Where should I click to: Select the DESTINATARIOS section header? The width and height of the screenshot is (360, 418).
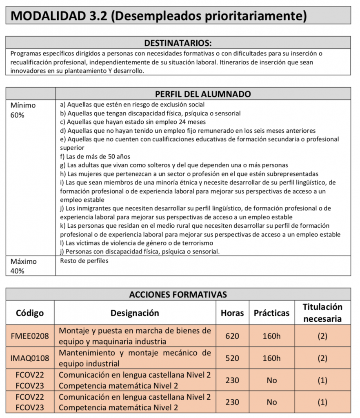point(178,43)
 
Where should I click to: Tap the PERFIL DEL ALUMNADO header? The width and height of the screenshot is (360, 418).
point(203,94)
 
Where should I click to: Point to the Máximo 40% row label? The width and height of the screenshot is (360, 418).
point(23,266)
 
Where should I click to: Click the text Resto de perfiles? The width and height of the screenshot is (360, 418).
point(84,261)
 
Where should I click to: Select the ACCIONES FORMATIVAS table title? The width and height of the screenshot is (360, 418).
point(178,294)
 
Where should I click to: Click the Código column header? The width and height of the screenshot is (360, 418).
point(30,313)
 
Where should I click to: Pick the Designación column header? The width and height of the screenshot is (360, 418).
point(135,313)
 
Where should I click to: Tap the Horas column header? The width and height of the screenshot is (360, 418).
point(232,313)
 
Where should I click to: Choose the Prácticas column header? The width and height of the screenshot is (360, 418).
point(271,313)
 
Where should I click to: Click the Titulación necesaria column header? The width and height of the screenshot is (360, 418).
point(322,313)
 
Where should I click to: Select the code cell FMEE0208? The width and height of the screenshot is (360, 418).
point(30,336)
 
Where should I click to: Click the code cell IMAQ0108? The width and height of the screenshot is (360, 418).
point(30,358)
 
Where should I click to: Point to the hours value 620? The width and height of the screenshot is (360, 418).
point(232,336)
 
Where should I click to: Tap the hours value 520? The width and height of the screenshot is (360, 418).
point(232,358)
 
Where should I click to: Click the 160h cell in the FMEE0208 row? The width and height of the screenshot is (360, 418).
point(271,336)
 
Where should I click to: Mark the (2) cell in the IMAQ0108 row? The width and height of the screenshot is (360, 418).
point(322,358)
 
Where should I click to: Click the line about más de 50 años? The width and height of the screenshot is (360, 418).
point(95,156)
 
